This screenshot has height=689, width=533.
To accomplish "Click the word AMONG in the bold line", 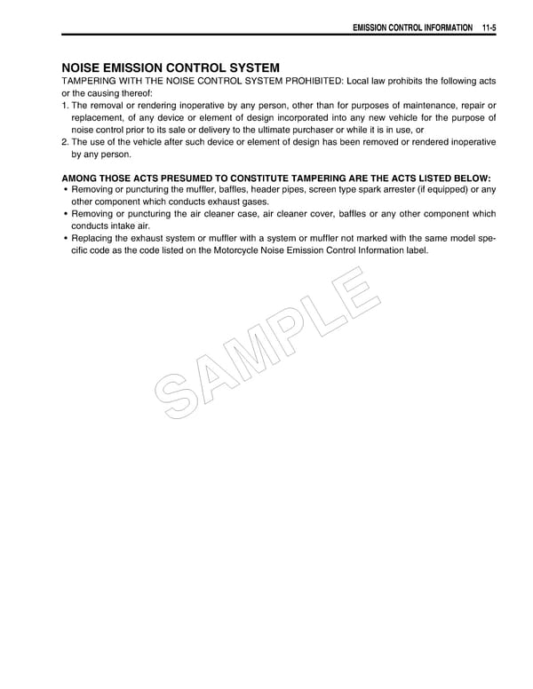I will pos(81,178).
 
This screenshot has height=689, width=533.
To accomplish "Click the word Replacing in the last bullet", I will pos(92,238).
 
